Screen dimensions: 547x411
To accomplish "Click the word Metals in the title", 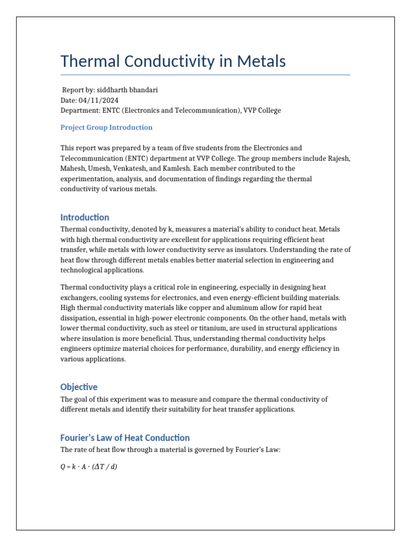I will coord(260,61).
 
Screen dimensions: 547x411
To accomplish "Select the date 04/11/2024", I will coord(100,100).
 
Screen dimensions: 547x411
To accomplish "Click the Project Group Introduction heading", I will coord(106,128).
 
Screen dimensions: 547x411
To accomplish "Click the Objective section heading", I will coord(79,387).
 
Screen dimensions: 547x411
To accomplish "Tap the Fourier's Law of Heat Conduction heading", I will coord(125,437).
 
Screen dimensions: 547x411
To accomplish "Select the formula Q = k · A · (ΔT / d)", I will coord(89,466).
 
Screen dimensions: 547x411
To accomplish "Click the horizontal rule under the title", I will coord(205,75).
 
